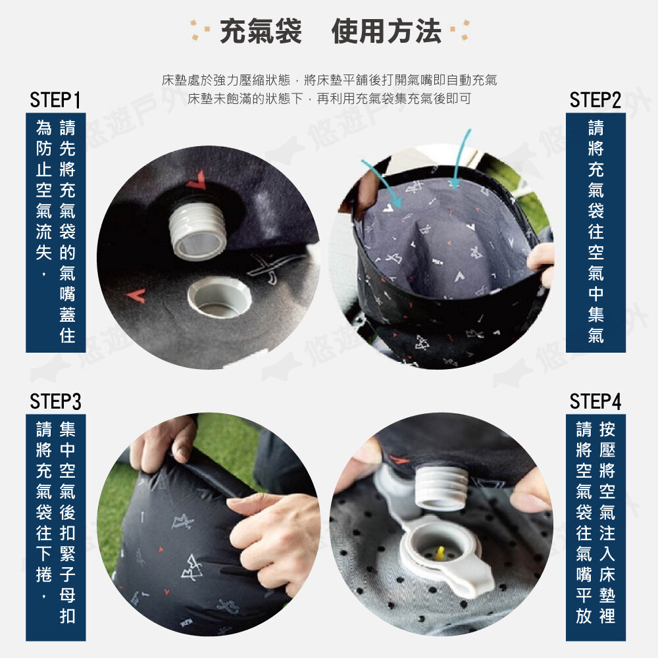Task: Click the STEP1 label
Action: (x=55, y=100)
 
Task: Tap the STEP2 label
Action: (x=595, y=100)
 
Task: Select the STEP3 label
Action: (x=55, y=401)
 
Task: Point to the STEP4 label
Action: (x=595, y=401)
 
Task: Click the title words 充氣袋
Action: (x=261, y=31)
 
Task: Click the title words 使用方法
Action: (x=386, y=31)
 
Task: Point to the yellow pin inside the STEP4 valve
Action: (x=441, y=554)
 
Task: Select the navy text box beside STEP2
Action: (x=595, y=232)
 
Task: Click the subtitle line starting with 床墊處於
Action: (x=330, y=80)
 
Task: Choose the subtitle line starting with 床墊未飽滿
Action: (x=330, y=99)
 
